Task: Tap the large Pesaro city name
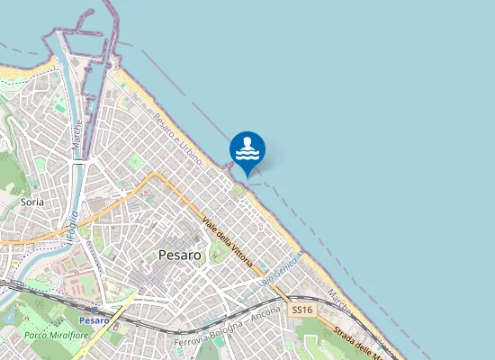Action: (x=185, y=255)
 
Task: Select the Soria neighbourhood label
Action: (x=32, y=203)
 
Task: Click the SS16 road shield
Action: (x=301, y=310)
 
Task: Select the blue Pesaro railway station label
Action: (x=94, y=320)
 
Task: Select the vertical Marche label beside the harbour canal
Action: (x=77, y=135)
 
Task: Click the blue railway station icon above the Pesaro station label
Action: (x=94, y=309)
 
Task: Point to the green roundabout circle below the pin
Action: (x=238, y=190)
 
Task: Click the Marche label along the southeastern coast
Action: (x=338, y=299)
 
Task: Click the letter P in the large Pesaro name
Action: (x=162, y=255)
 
